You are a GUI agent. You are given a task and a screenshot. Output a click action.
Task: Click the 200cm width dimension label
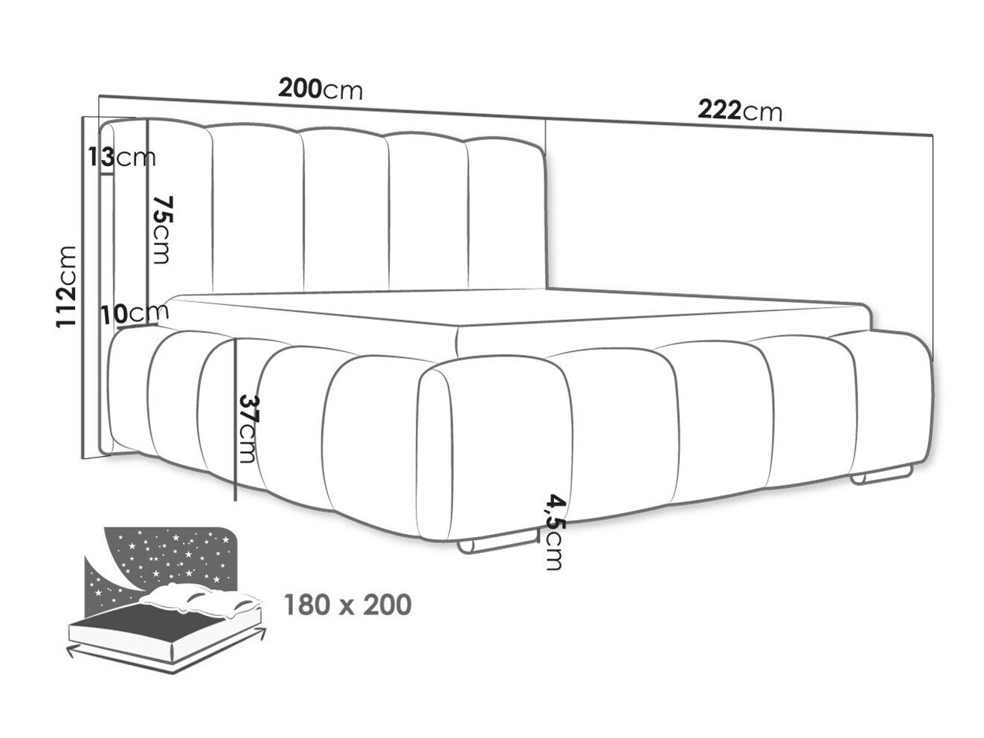[320, 89]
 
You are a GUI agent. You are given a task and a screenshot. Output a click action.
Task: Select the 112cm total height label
[66, 287]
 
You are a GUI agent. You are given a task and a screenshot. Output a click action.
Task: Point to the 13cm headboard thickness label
[122, 157]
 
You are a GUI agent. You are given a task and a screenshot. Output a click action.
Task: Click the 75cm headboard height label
[161, 230]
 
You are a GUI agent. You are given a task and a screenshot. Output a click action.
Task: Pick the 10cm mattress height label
[135, 314]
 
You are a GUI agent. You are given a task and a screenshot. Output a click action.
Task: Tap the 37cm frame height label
[248, 429]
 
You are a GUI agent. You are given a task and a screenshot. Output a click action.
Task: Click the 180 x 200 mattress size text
[347, 604]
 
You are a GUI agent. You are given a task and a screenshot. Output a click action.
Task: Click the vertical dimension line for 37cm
[235, 419]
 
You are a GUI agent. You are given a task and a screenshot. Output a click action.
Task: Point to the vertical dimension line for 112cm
[83, 287]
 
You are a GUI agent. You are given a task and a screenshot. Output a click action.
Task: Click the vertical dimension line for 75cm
[147, 222]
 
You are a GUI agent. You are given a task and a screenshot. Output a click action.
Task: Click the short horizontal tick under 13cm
[108, 174]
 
